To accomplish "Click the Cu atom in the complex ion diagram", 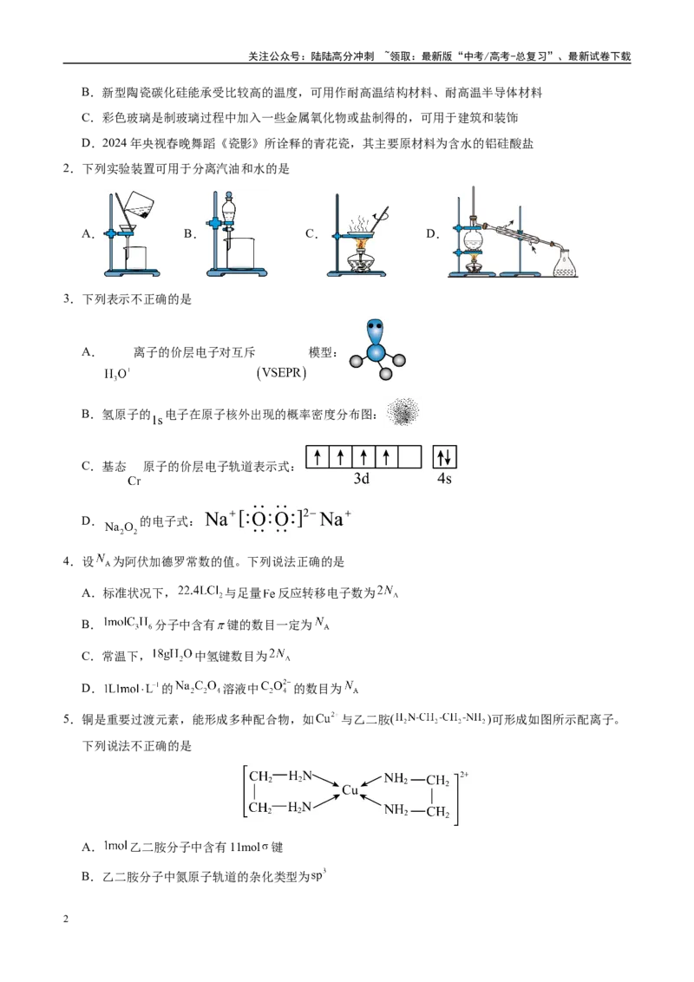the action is (350, 790).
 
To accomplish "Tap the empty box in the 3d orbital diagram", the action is (409, 457).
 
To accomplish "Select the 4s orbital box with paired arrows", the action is (445, 457).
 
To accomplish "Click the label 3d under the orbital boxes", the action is (362, 479).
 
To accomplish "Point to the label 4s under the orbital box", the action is (444, 479).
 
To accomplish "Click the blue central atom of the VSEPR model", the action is (376, 352).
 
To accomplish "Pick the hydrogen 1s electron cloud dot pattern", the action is (403, 412).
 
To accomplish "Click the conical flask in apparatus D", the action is (565, 262).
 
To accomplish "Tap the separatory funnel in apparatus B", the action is (230, 213).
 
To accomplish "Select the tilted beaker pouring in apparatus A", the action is (139, 204).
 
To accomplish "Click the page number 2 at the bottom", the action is (66, 919).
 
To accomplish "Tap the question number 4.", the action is (67, 562).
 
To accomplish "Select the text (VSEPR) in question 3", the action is (281, 373).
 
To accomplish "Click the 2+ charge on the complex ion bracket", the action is (464, 775).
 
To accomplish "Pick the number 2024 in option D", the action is (115, 143).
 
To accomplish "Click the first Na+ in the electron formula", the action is (220, 519).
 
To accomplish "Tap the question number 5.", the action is (67, 719).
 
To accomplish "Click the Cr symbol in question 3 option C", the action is (134, 481).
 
